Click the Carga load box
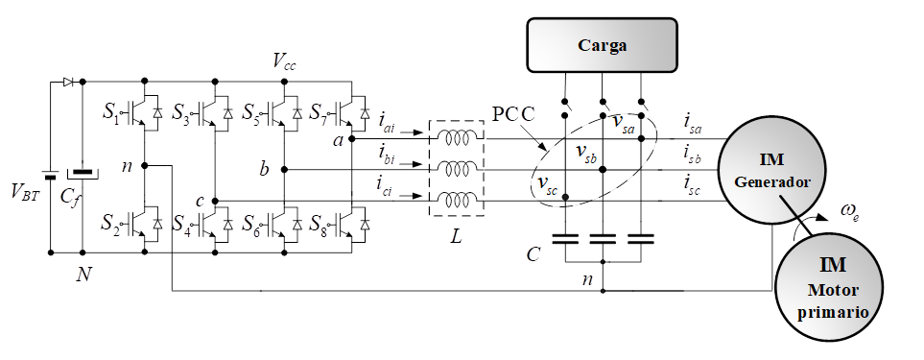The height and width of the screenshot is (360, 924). click(x=602, y=45)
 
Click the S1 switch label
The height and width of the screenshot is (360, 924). click(x=110, y=112)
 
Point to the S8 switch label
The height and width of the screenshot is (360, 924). click(x=320, y=224)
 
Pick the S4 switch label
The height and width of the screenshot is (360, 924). click(x=181, y=224)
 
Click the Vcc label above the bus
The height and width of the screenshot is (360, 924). click(x=284, y=60)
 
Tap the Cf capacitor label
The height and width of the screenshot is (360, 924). click(x=69, y=196)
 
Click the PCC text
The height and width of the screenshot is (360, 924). click(x=512, y=114)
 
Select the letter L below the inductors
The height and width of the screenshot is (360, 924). click(x=456, y=237)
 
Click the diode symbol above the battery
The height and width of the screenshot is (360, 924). click(x=69, y=82)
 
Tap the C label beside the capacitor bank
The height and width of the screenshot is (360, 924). click(x=533, y=254)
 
